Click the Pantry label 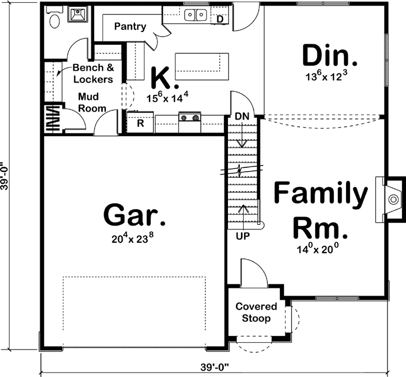click(130, 26)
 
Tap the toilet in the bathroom click(54, 20)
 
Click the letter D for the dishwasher click(220, 19)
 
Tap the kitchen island click(202, 67)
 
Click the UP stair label click(242, 236)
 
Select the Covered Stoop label click(256, 312)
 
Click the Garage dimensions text click(133, 238)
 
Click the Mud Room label click(92, 102)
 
